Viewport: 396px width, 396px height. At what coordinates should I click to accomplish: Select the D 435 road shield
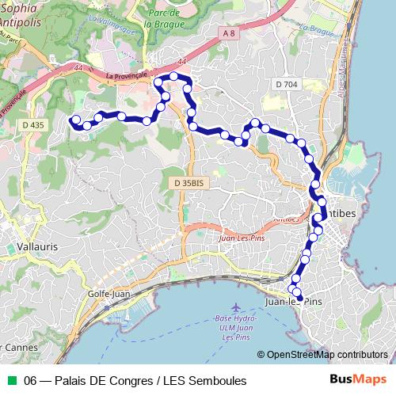click(x=33, y=125)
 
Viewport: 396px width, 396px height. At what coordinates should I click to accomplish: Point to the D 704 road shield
click(x=287, y=83)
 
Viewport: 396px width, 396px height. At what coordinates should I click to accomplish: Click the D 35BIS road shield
click(x=188, y=183)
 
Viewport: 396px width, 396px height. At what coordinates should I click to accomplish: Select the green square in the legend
click(x=11, y=381)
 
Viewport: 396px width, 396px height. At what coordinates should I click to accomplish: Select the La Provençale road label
click(x=127, y=74)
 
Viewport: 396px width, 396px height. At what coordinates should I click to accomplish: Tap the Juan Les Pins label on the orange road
click(x=238, y=238)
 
